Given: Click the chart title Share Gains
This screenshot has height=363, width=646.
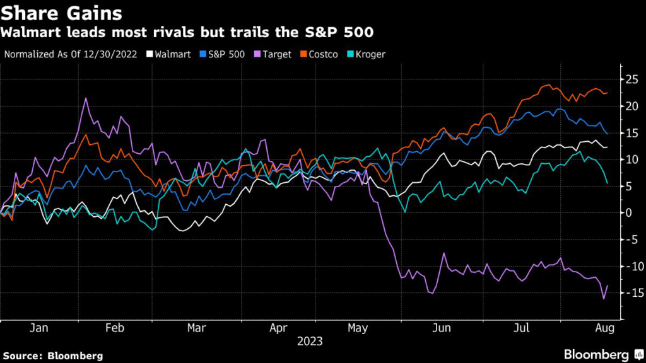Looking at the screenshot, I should click(62, 13).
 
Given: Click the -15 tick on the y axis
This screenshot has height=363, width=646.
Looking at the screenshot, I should click(633, 292).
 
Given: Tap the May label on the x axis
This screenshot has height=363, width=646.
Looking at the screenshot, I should click(357, 328).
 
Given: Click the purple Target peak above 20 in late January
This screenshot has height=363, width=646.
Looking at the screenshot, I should click(86, 98).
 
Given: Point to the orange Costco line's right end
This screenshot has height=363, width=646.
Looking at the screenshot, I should click(607, 93).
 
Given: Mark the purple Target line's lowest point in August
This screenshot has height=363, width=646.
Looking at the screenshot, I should click(604, 298).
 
